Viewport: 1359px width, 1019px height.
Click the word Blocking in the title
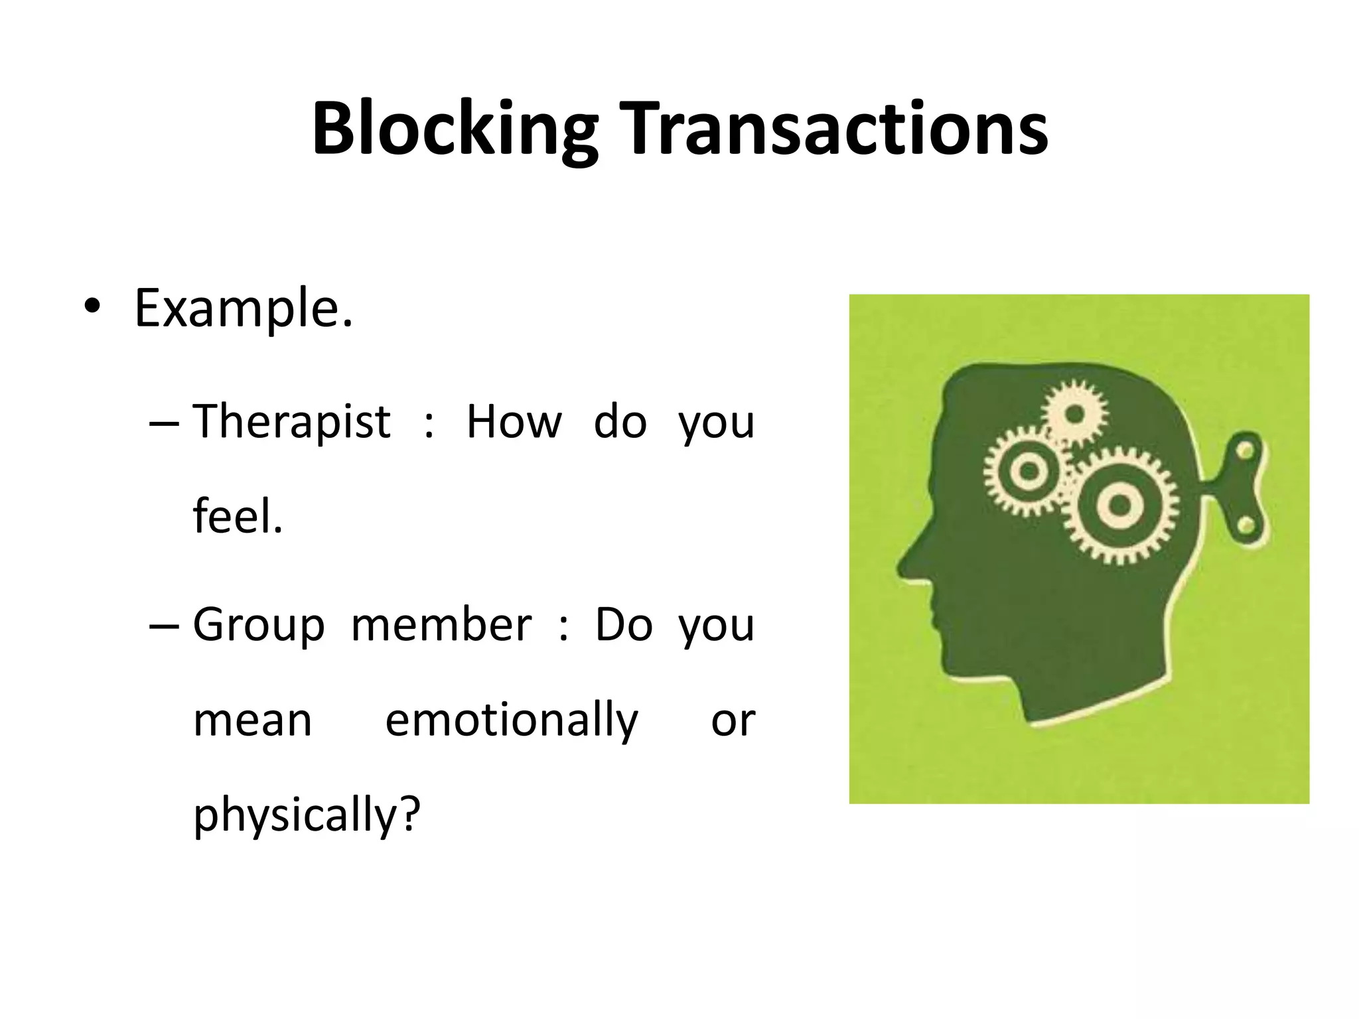pos(455,129)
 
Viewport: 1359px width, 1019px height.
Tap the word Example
pos(243,308)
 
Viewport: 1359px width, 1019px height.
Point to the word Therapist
pos(291,422)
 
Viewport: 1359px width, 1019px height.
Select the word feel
pos(238,517)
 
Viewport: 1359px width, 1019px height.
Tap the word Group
pos(259,626)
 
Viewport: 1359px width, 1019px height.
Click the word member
pos(441,624)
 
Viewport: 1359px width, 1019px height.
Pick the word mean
pos(252,720)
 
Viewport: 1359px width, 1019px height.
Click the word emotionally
pos(511,722)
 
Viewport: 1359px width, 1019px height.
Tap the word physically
pos(307,816)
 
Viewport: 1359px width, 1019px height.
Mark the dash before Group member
pos(165,626)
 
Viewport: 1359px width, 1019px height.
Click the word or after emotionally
pos(733,722)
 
